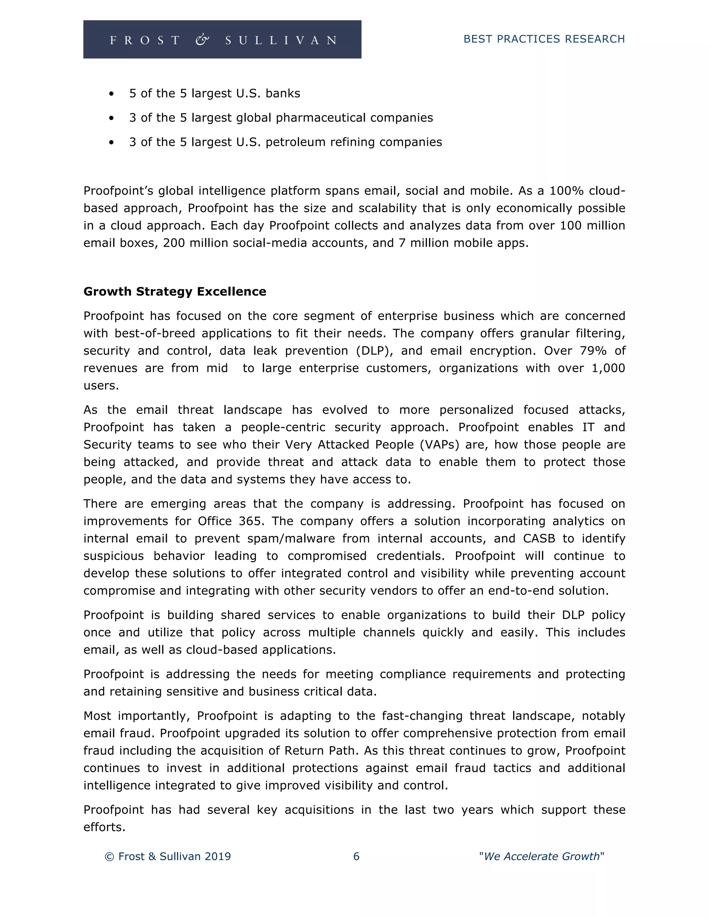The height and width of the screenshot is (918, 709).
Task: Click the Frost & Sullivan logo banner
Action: [x=222, y=39]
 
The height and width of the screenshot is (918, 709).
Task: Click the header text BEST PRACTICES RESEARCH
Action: [x=544, y=39]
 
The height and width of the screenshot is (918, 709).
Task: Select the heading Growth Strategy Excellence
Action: [x=175, y=292]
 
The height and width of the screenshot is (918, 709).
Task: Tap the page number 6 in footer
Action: [x=356, y=856]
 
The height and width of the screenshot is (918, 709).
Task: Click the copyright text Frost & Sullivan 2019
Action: [x=168, y=856]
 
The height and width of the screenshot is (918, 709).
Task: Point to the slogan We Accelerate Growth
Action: [x=541, y=856]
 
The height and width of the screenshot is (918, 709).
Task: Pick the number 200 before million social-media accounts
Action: [x=174, y=243]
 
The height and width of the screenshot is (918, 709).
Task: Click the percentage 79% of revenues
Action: [x=593, y=351]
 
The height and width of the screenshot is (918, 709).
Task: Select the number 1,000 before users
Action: [x=608, y=368]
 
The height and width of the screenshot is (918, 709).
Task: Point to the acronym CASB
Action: [x=539, y=538]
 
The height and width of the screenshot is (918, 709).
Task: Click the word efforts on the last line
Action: [x=104, y=827]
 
